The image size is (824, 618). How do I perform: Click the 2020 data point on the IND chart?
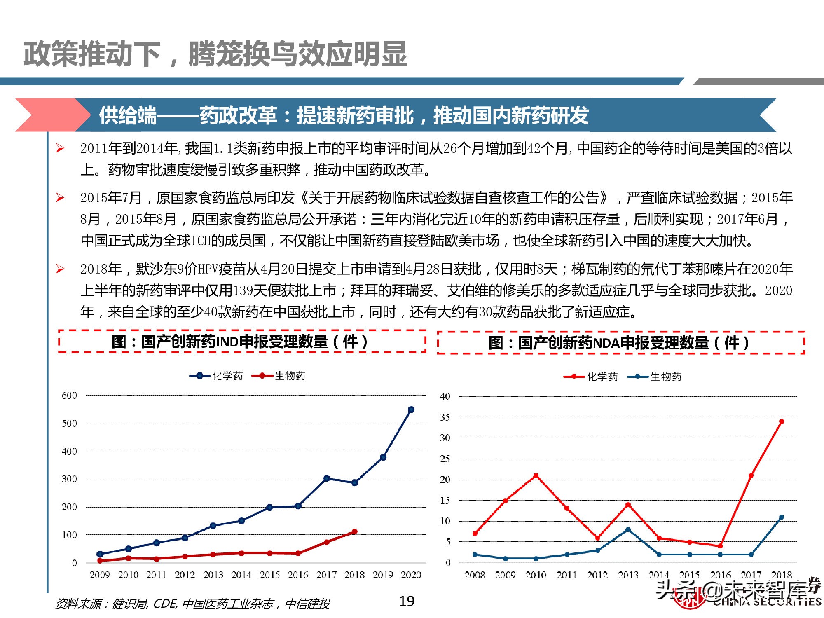(411, 410)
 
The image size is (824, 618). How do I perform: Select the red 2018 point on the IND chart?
(354, 532)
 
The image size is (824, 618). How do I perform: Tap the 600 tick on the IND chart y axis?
(69, 396)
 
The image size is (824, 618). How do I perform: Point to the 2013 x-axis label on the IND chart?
(213, 575)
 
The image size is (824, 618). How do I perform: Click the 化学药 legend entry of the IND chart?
(217, 376)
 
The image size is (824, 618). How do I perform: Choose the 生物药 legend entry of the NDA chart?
(655, 377)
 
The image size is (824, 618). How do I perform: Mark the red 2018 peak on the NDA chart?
(782, 421)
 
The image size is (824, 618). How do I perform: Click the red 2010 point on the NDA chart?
(536, 476)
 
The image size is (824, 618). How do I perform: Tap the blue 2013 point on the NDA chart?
(628, 530)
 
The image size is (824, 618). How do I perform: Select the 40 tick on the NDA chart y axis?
(445, 396)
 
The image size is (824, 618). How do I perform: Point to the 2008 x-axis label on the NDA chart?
(475, 575)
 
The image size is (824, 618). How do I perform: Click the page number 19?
(407, 602)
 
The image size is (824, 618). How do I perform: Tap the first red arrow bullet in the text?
(60, 148)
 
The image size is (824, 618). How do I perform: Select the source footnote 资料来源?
(192, 604)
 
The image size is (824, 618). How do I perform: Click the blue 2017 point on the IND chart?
(326, 478)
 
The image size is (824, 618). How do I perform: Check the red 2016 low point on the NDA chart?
(720, 546)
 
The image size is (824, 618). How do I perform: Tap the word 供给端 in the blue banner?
(128, 115)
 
